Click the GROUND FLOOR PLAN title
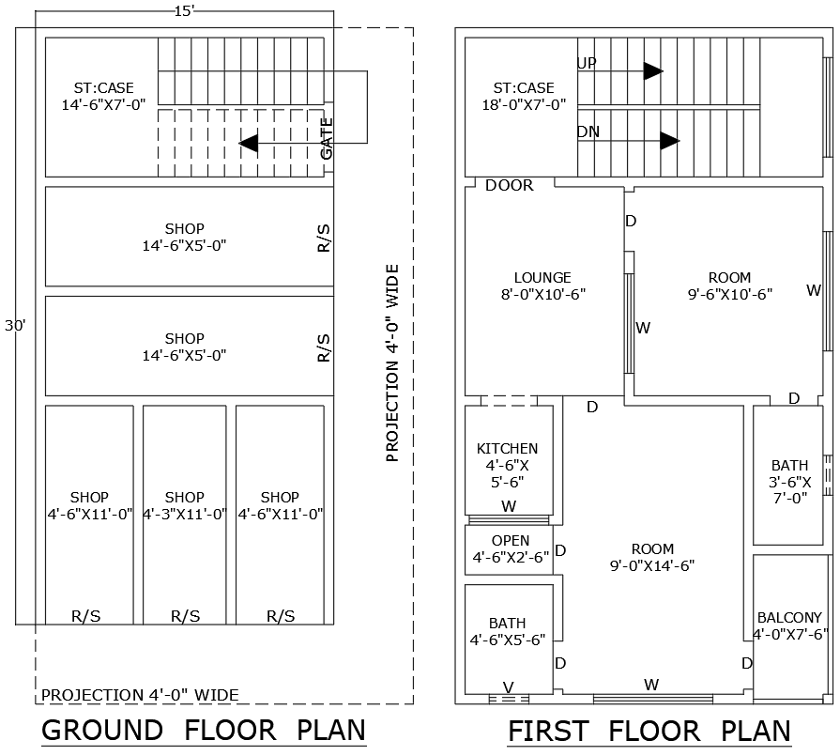click(x=204, y=730)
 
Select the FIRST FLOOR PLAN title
click(x=649, y=731)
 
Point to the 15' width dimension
click(x=184, y=11)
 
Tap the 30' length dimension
click(x=14, y=326)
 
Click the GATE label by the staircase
click(x=327, y=138)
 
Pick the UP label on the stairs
click(x=587, y=64)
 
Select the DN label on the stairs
click(x=588, y=132)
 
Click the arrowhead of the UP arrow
click(x=653, y=71)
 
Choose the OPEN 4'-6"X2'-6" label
click(x=511, y=548)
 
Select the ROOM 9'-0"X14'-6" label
click(x=652, y=557)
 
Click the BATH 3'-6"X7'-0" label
click(x=789, y=481)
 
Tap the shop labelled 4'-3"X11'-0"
click(x=184, y=505)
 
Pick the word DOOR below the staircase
click(x=509, y=186)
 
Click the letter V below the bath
click(x=508, y=687)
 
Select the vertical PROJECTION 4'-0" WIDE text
click(x=392, y=363)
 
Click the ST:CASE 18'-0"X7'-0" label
click(x=524, y=96)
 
